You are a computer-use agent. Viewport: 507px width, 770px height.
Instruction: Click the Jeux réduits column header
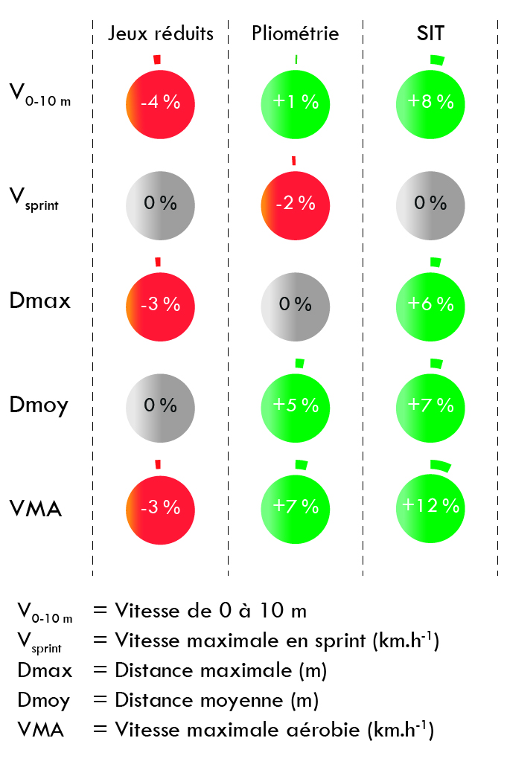tap(161, 33)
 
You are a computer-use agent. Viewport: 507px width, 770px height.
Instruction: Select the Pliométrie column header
tap(296, 33)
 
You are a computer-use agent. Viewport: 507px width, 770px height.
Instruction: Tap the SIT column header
tap(430, 33)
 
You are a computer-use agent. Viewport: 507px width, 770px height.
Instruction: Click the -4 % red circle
tap(161, 102)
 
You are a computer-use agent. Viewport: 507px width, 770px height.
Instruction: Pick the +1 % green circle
tap(296, 102)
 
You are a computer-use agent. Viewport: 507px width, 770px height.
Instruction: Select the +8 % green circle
tap(430, 102)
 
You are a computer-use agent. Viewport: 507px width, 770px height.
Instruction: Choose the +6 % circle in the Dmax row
tap(430, 304)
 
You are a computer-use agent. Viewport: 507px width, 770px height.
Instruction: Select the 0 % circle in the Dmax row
tap(296, 304)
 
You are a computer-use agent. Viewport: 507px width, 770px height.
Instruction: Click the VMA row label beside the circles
tap(36, 509)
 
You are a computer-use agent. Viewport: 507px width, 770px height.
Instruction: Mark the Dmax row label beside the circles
tap(40, 301)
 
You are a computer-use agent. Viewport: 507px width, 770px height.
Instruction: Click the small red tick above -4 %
tap(156, 59)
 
